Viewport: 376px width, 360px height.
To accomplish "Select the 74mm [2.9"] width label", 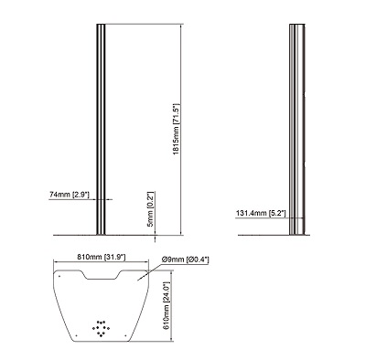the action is click(70, 195).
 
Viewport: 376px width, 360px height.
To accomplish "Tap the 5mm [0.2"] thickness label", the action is click(151, 209).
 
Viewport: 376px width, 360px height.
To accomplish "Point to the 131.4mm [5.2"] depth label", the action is click(261, 213).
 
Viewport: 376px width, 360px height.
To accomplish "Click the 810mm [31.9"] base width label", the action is click(101, 257).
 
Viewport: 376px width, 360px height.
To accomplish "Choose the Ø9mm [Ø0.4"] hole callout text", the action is click(186, 259).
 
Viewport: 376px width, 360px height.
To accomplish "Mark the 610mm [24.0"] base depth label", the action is click(167, 305).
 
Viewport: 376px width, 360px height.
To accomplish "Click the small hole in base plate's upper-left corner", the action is click(59, 276).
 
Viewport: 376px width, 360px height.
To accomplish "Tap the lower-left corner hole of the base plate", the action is click(76, 335).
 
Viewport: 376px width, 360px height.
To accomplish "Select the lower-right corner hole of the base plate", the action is click(125, 335).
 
